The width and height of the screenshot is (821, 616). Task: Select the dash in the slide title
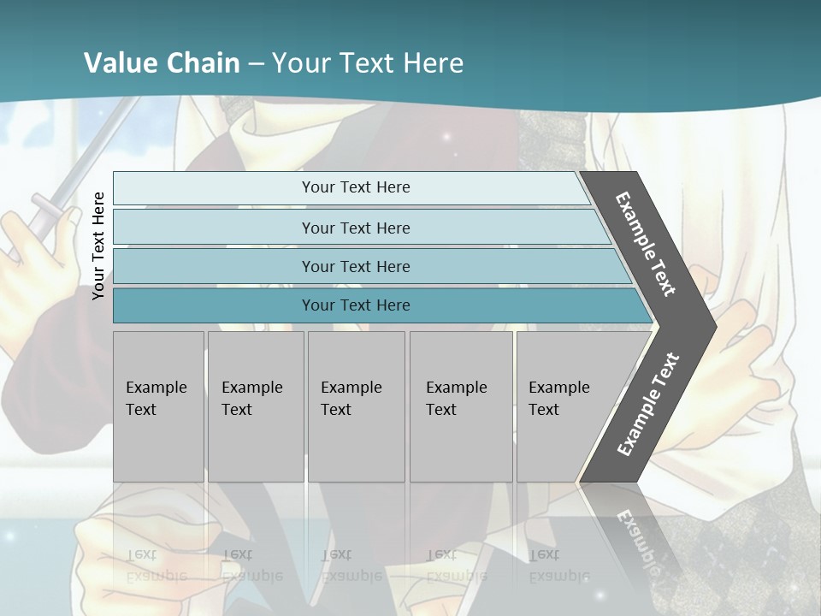(256, 64)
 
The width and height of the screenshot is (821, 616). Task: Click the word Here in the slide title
(433, 63)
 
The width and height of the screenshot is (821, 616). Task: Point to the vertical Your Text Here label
(98, 246)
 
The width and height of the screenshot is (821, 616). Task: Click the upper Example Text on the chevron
(647, 244)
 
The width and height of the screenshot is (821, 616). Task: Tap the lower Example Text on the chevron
(647, 405)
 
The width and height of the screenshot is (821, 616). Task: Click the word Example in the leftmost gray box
(157, 388)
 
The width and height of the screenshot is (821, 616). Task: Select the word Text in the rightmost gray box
(544, 410)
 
